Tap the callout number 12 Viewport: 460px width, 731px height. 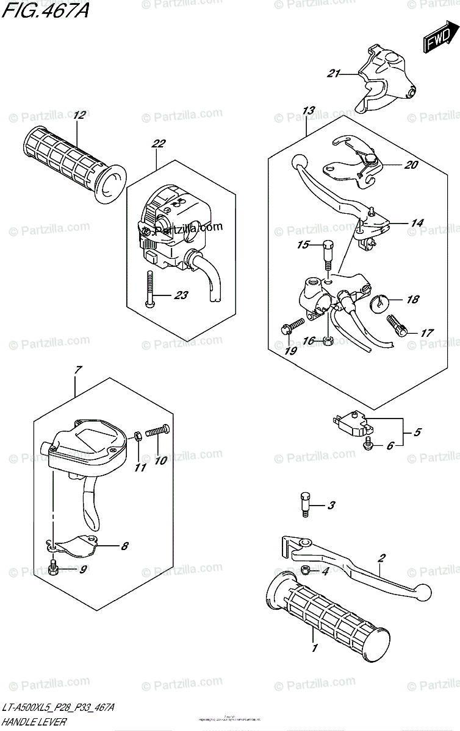[78, 115]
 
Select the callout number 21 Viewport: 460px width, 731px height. [332, 74]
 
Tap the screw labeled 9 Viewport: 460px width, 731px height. [54, 570]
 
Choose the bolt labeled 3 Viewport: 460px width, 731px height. [305, 504]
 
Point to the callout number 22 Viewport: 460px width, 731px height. [158, 144]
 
